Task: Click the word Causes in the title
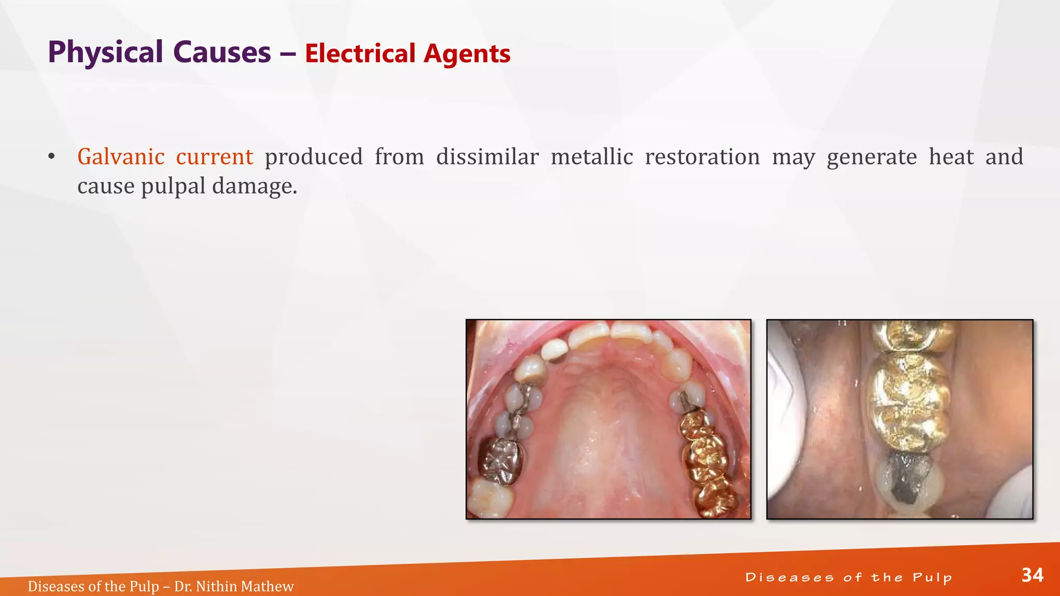point(222,53)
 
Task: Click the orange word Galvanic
point(121,157)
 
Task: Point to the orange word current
point(214,157)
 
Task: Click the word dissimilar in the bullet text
point(487,157)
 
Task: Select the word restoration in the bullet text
point(702,157)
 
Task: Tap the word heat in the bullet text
point(951,157)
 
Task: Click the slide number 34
point(1032,575)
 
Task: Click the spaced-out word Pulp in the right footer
point(932,578)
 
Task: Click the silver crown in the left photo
point(500,459)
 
